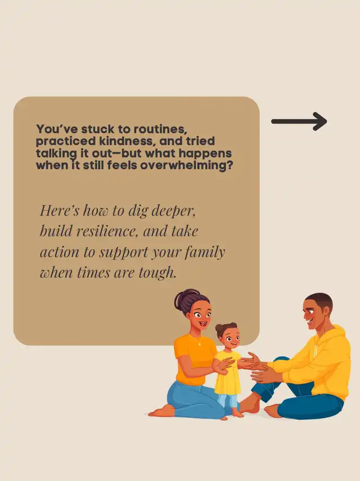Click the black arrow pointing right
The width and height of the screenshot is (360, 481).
tap(299, 122)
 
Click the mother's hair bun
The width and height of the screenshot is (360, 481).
tap(184, 299)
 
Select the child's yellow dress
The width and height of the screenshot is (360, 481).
tap(227, 373)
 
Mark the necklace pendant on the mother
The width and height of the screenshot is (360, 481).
tap(200, 344)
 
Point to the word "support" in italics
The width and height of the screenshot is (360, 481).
tap(124, 253)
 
